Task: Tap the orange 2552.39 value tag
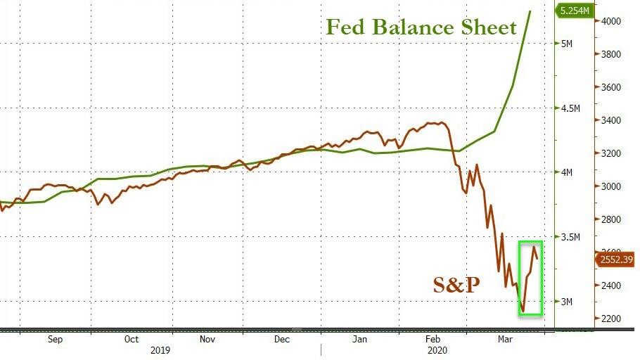click(x=617, y=259)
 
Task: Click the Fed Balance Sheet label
click(x=421, y=27)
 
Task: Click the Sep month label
click(x=56, y=339)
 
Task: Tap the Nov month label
click(x=207, y=339)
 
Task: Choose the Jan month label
click(x=359, y=339)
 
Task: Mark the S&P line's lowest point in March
click(x=523, y=311)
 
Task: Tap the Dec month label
click(x=282, y=339)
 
